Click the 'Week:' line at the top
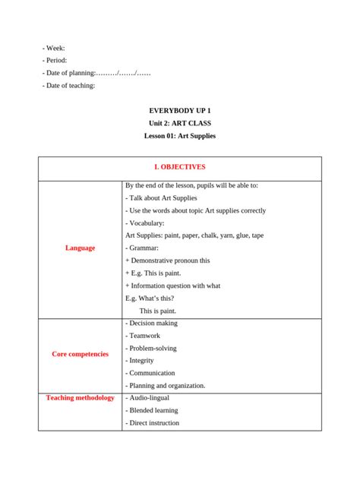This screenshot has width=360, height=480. [54, 48]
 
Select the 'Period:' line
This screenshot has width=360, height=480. [55, 60]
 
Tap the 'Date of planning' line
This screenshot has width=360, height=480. [96, 73]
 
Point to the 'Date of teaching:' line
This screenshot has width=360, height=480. [69, 85]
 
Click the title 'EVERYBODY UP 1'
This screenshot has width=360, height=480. [180, 111]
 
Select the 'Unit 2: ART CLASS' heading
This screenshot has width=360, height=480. [180, 123]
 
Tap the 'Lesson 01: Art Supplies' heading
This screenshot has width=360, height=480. [180, 136]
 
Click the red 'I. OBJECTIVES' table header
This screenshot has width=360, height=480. [180, 167]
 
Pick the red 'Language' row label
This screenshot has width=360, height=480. [80, 248]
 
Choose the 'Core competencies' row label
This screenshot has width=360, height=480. [80, 354]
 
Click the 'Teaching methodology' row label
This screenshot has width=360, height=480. [80, 398]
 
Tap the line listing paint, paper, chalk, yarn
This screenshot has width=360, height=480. [194, 235]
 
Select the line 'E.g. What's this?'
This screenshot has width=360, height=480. [152, 298]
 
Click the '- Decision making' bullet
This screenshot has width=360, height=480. [151, 323]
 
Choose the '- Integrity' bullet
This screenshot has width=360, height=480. [141, 361]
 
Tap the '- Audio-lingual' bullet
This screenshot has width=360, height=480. [147, 398]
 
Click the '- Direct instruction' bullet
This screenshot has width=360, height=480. [152, 423]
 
